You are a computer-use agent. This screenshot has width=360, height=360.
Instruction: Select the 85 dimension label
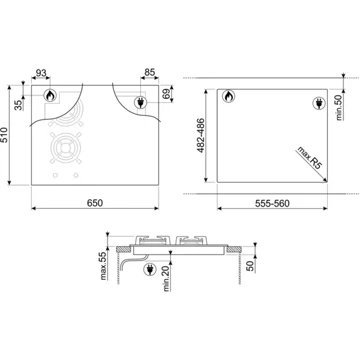click(148, 71)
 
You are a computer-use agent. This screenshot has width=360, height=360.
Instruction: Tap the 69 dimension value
click(166, 97)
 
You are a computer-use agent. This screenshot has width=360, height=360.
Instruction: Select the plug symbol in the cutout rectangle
click(318, 101)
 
